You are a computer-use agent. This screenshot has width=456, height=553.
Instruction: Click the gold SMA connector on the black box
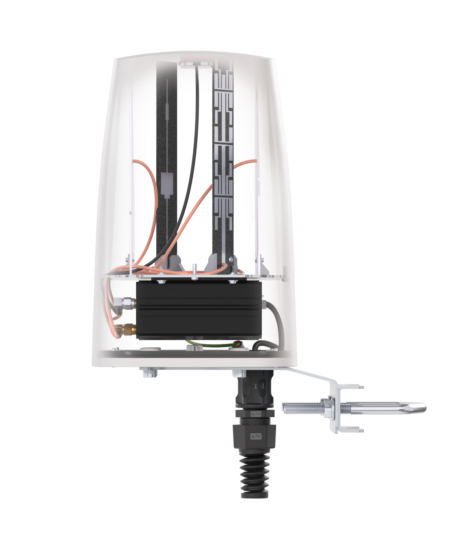tap(128, 328)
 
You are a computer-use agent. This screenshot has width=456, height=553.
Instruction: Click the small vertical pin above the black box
tap(195, 269)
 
